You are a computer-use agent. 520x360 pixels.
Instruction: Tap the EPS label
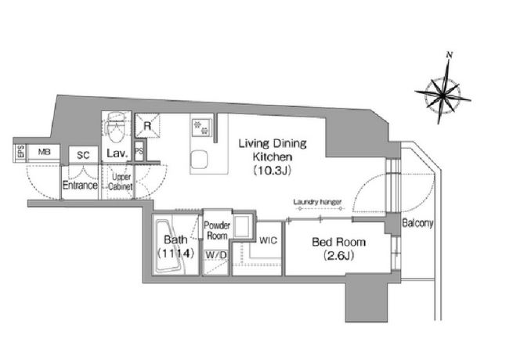[x=21, y=152]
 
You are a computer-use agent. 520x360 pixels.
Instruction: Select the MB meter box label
[x=45, y=152]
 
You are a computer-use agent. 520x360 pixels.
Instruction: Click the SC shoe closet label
[x=83, y=155]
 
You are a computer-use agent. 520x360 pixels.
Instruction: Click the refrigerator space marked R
[x=147, y=126]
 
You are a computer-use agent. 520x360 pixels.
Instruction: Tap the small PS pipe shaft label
[x=139, y=151]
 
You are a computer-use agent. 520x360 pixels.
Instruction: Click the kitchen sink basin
[x=200, y=160]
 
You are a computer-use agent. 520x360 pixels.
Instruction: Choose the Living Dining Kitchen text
[x=273, y=149]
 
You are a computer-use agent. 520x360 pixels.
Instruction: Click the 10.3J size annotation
[x=273, y=171]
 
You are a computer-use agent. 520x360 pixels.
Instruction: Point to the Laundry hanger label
[x=317, y=202]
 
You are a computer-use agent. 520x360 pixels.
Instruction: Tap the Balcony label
[x=417, y=223]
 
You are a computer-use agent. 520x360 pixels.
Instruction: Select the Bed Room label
[x=338, y=242]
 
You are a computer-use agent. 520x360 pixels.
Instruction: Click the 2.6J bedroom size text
[x=338, y=256]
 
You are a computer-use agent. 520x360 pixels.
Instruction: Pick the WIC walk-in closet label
[x=269, y=240]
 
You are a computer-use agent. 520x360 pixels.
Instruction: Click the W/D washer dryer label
[x=216, y=255]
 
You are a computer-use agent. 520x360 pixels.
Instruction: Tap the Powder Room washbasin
[x=242, y=225]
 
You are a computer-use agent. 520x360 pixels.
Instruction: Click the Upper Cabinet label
[x=121, y=182]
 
